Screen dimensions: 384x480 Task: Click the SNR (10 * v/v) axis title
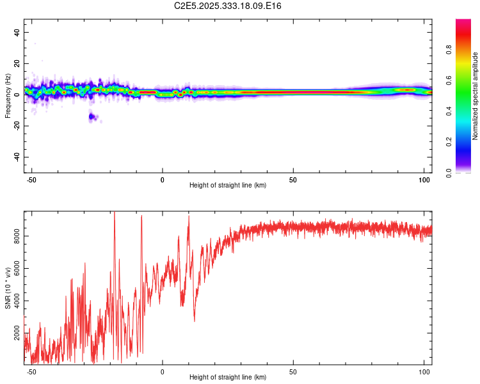coord(8,287)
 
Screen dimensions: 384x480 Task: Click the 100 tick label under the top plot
coord(424,180)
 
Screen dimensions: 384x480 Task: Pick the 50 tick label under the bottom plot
coord(293,372)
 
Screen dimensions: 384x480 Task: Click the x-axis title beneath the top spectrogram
coord(228,186)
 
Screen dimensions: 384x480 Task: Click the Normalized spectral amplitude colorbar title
coord(475,96)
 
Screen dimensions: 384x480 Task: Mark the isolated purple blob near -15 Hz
coord(93,116)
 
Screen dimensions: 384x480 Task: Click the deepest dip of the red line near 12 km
coord(195,321)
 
